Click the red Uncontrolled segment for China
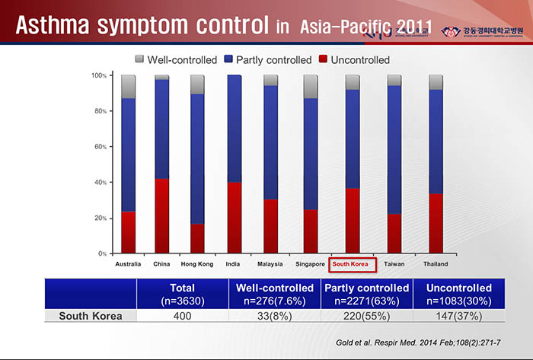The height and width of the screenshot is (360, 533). (x=161, y=215)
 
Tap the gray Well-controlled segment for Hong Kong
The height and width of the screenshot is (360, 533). (x=197, y=84)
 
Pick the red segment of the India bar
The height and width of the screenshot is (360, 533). (x=235, y=217)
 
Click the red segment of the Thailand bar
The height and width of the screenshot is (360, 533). (x=436, y=223)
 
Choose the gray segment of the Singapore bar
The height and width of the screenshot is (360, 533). (x=311, y=87)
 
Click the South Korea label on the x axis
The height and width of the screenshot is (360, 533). (x=351, y=264)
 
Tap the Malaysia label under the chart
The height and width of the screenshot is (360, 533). (x=270, y=264)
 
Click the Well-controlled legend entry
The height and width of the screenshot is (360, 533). (x=176, y=59)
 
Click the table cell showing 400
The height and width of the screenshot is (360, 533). (x=182, y=315)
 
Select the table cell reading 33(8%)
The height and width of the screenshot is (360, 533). (x=274, y=315)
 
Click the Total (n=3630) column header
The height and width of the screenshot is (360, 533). (x=182, y=294)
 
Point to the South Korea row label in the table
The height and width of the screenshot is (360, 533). (x=90, y=315)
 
